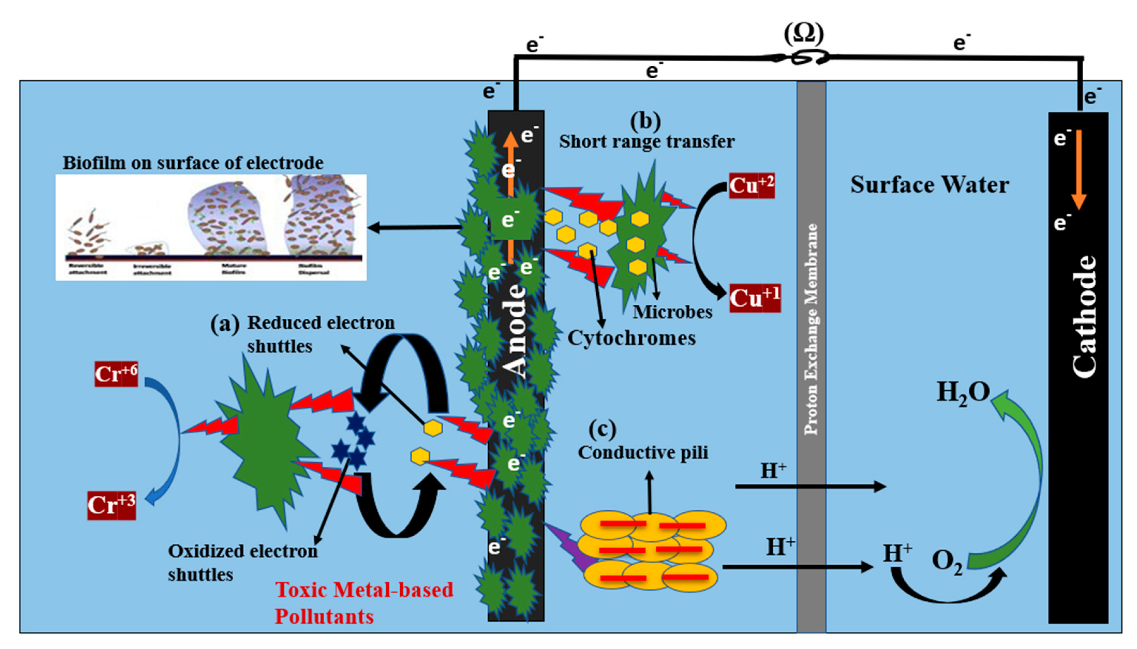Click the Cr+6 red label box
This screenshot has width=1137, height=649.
click(116, 374)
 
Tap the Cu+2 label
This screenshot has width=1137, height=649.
click(752, 185)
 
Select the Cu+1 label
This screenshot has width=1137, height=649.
click(755, 298)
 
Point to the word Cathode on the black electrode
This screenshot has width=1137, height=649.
click(1084, 316)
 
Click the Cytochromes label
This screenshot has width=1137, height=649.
click(631, 338)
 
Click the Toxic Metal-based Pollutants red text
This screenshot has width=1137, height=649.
click(364, 603)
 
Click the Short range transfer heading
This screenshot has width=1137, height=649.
click(647, 142)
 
